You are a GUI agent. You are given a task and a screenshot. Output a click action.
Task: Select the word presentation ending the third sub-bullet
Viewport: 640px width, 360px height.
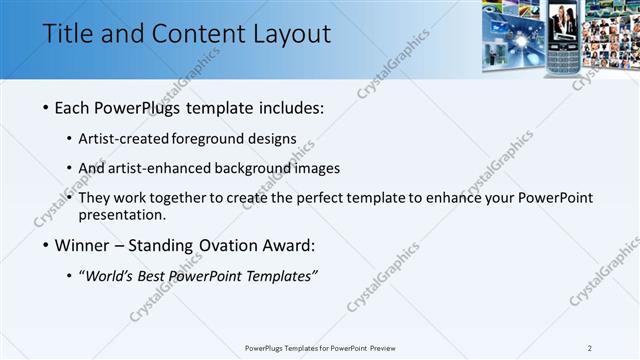pos(121,215)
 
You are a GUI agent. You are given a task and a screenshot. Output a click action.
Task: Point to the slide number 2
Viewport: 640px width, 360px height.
pos(590,348)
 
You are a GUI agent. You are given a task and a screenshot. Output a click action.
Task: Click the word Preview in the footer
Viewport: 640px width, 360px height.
pos(389,348)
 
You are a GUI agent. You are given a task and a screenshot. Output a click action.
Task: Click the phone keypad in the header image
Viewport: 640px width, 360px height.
pos(564,59)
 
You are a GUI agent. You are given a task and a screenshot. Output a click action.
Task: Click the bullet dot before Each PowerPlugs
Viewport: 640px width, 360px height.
pos(46,107)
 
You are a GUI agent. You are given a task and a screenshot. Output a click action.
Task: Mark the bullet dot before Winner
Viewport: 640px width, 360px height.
pos(46,245)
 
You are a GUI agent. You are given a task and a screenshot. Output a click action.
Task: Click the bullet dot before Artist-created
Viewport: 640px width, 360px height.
pos(69,138)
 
